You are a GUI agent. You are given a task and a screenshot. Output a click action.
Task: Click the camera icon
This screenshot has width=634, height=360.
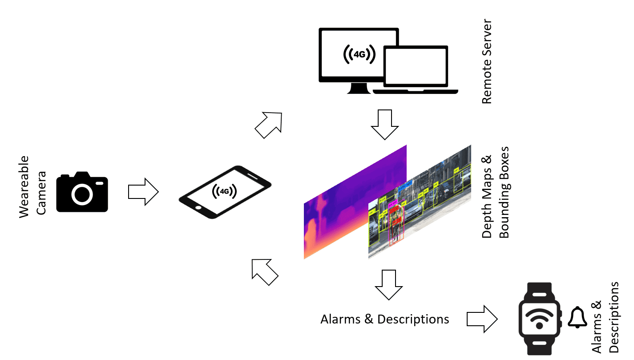(82, 192)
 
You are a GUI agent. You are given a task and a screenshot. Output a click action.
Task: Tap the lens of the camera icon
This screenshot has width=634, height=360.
(82, 194)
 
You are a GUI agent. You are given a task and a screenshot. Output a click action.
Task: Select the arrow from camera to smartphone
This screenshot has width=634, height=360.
(143, 192)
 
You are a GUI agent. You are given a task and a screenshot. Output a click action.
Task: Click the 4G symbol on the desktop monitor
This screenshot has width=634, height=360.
(359, 54)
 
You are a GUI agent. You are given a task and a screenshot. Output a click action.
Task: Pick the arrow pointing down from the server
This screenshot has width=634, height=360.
(385, 124)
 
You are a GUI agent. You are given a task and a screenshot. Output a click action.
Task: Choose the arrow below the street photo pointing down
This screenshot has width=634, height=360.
(388, 284)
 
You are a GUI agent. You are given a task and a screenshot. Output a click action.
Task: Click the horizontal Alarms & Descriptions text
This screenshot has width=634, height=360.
(384, 319)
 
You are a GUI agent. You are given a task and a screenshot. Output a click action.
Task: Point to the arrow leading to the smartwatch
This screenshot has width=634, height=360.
(482, 319)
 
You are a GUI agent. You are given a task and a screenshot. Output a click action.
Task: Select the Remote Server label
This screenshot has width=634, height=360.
(487, 61)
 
